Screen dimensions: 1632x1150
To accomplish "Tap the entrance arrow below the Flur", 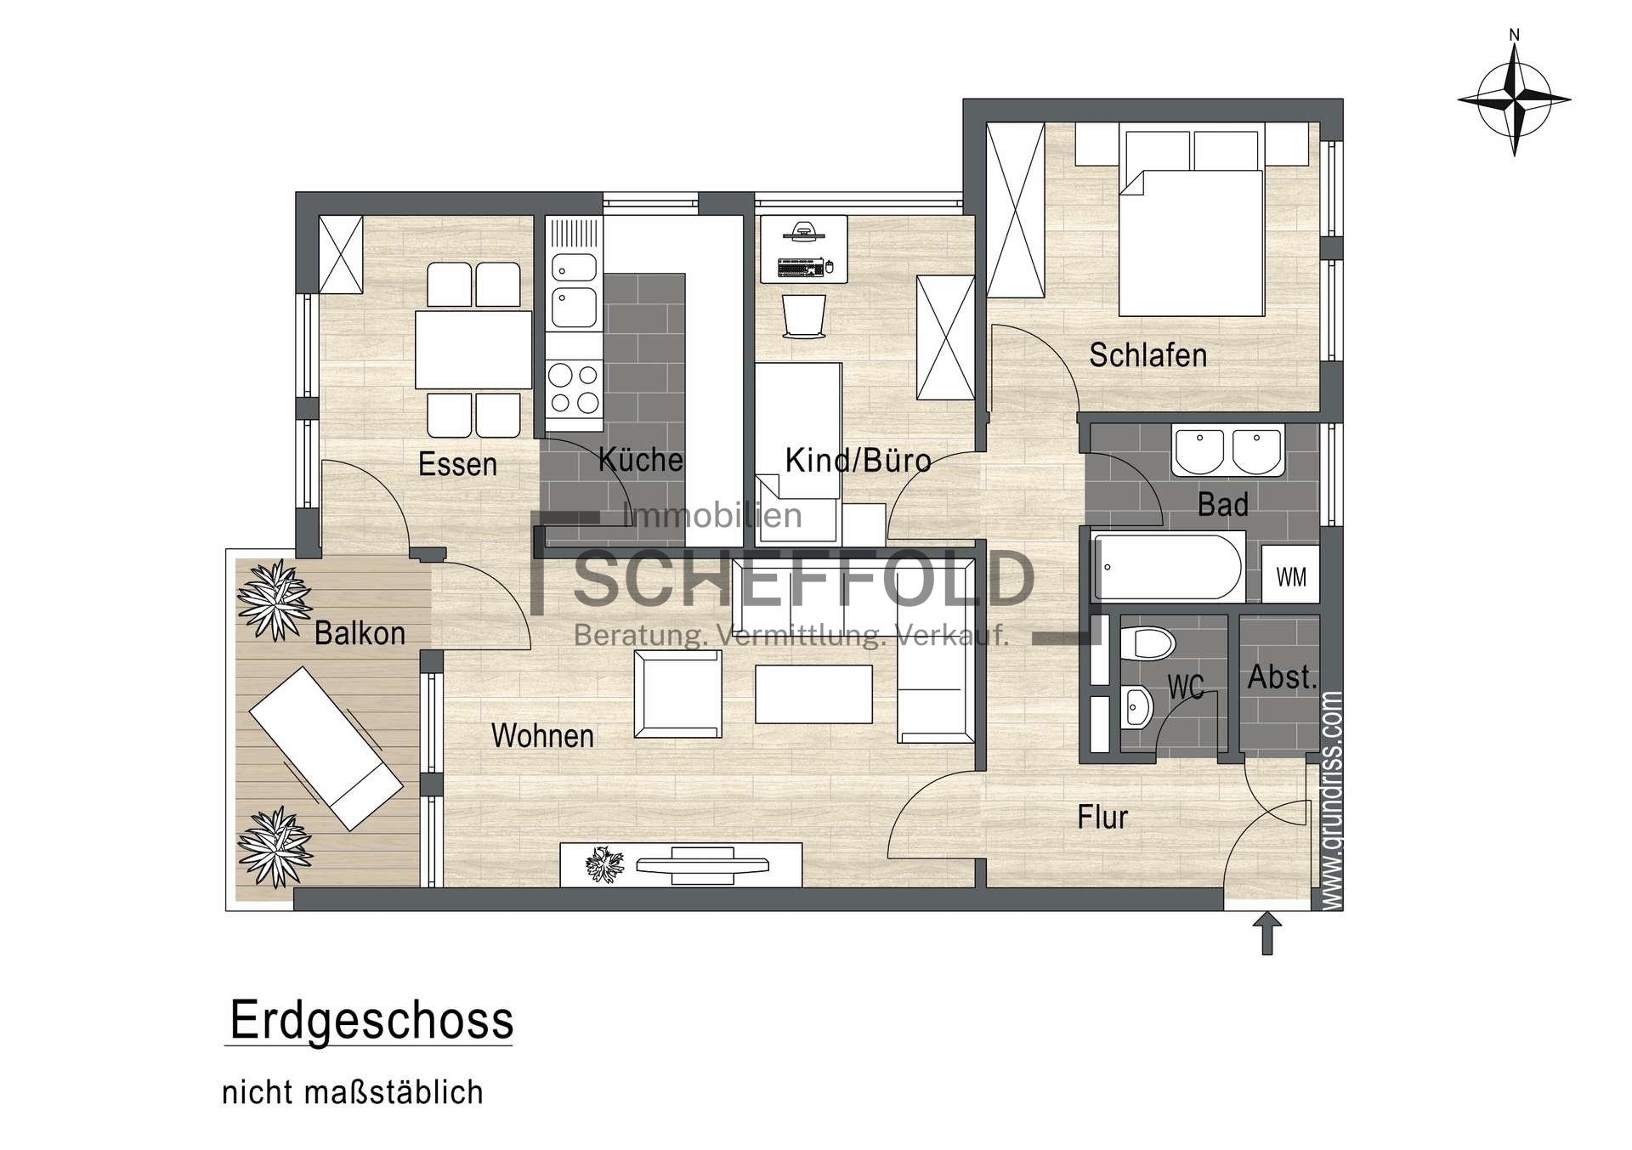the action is [x=1267, y=933].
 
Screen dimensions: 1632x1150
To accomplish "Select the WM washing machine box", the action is [x=1290, y=576].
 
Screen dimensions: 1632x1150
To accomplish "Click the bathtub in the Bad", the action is [x=1168, y=567].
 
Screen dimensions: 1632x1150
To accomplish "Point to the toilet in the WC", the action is [x=1147, y=643].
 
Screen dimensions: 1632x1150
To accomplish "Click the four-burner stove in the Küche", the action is [x=573, y=389].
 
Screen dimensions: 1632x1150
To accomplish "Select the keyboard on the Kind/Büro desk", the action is [x=800, y=269].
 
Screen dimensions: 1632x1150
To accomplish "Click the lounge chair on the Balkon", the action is [x=326, y=748].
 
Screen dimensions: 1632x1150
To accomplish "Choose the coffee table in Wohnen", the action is [x=813, y=694].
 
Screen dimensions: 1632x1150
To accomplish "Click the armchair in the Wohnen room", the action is [x=677, y=694].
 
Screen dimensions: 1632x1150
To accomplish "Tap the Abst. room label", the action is [x=1282, y=677].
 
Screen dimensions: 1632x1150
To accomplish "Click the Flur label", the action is [x=1102, y=817].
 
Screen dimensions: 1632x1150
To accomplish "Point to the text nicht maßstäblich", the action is [x=353, y=1092].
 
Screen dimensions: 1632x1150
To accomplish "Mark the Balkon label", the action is [x=360, y=633].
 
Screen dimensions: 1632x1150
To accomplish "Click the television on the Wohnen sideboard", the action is [x=702, y=865].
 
